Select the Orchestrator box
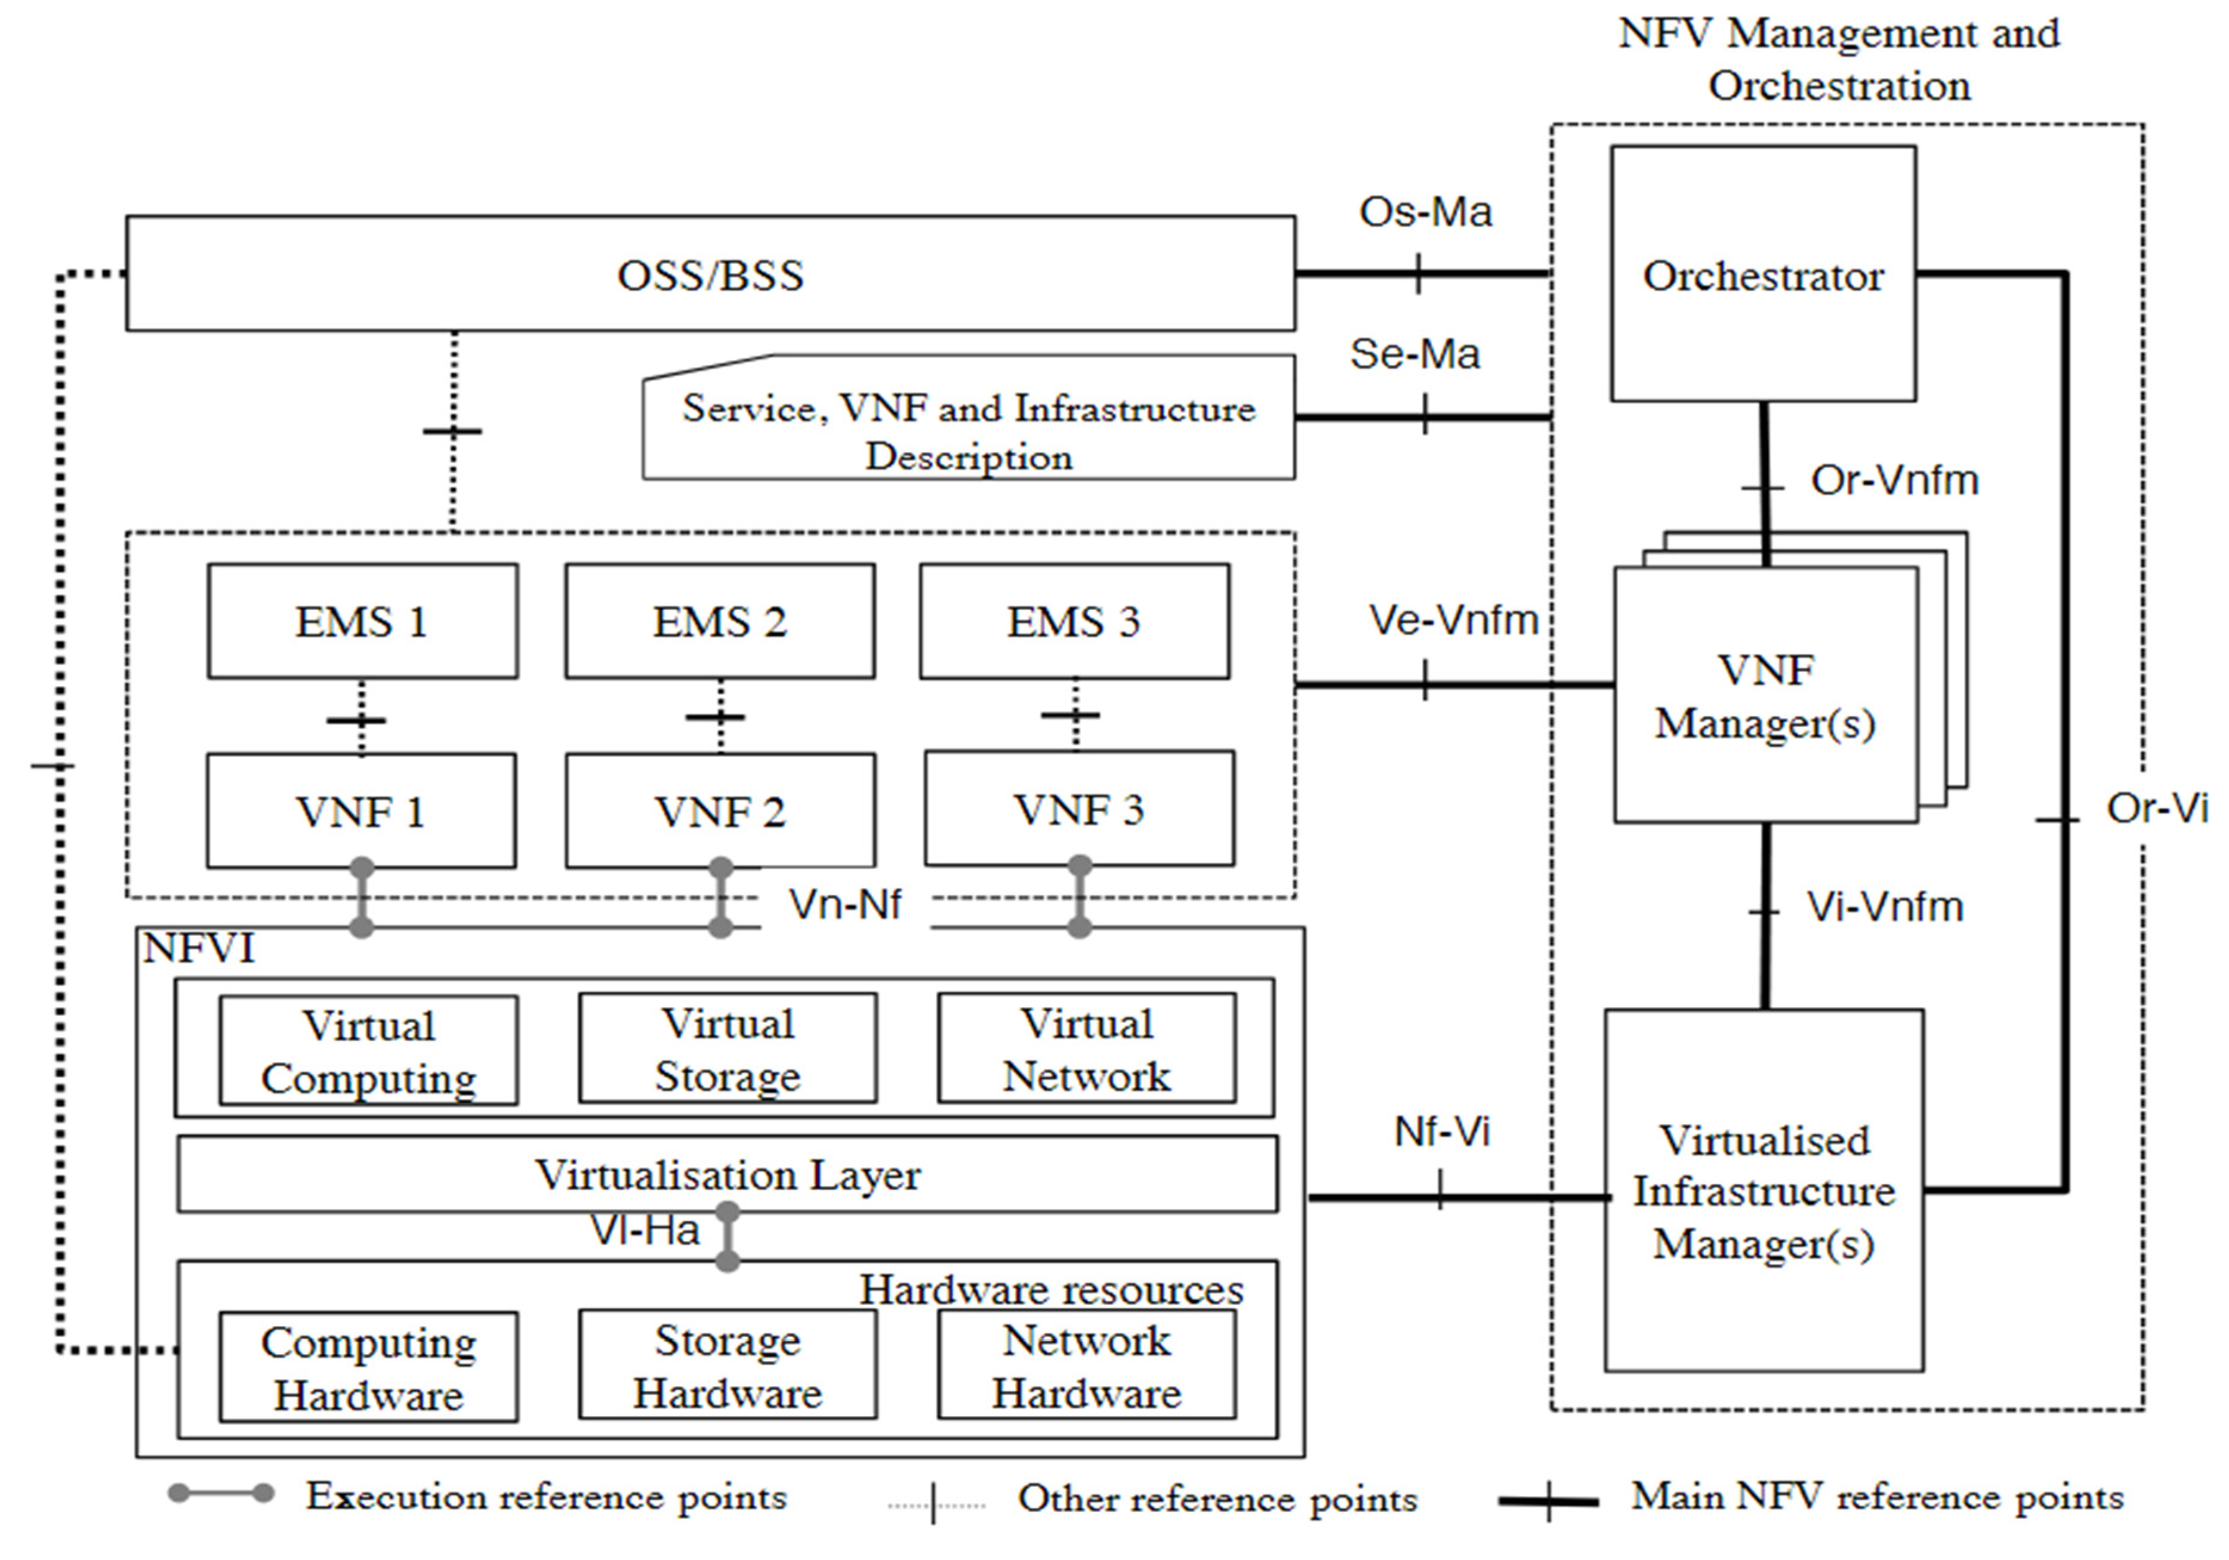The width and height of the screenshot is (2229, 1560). point(1763,275)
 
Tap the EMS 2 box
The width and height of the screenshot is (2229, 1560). point(719,621)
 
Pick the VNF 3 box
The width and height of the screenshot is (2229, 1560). point(1078,809)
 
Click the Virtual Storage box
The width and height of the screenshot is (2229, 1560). point(727,1049)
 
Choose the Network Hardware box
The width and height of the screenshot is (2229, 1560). point(1086,1366)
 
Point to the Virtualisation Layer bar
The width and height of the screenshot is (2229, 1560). point(727,1174)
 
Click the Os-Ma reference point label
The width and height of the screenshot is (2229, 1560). point(1424,212)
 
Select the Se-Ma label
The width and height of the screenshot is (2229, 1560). point(1414,353)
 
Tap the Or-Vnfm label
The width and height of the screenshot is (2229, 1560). point(1894,480)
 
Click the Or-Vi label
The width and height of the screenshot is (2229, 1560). point(2156,807)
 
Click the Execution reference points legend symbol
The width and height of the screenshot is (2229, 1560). point(221,1494)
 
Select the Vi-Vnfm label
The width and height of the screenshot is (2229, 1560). point(1885,907)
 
